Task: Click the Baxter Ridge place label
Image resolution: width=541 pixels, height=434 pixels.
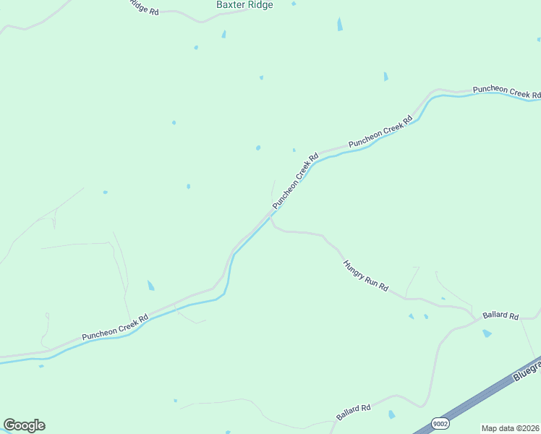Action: [x=244, y=4]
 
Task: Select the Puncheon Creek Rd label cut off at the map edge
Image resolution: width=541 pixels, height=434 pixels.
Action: [x=506, y=91]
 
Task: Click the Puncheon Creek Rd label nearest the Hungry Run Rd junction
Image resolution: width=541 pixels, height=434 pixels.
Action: [x=295, y=182]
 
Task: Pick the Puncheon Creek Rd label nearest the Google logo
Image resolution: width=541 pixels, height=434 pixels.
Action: [x=115, y=327]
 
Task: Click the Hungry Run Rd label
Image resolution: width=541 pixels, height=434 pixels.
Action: [x=365, y=276]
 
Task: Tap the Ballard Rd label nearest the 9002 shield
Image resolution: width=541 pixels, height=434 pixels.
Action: [x=353, y=413]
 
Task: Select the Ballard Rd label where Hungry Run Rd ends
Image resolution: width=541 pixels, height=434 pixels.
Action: [x=501, y=316]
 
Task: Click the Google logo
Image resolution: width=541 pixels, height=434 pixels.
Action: [x=24, y=425]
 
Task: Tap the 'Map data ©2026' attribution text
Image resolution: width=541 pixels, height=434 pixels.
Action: [x=511, y=428]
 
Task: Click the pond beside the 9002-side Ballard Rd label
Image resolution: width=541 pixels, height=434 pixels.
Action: [x=391, y=414]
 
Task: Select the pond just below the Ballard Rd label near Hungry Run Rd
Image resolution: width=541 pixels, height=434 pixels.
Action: [x=487, y=333]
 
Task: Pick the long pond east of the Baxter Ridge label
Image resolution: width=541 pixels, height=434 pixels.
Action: [x=340, y=24]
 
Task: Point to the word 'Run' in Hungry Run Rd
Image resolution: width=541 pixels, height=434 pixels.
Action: [x=372, y=281]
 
